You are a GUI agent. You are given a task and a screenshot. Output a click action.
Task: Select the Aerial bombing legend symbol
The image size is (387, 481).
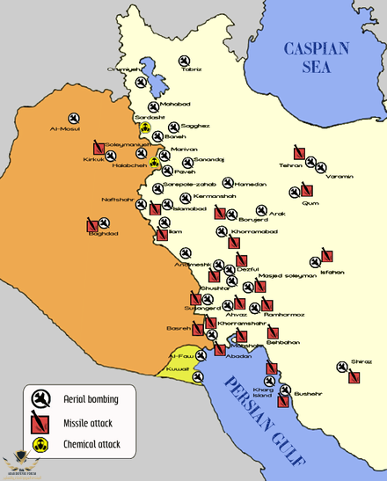point(40,399)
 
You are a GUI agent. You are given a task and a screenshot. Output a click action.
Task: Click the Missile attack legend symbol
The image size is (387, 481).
point(40,422)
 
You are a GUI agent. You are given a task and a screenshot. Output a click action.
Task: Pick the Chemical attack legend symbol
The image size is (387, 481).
point(40,444)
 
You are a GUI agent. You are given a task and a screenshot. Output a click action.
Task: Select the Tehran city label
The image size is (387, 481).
point(290,165)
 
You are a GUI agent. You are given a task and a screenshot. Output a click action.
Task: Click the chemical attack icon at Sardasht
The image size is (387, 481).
point(146,128)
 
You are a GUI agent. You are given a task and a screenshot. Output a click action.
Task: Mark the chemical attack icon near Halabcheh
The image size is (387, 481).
point(154,162)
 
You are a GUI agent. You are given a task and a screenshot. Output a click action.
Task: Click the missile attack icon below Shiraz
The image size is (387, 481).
point(354,377)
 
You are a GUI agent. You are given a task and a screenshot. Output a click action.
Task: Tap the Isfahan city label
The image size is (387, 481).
point(332,272)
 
